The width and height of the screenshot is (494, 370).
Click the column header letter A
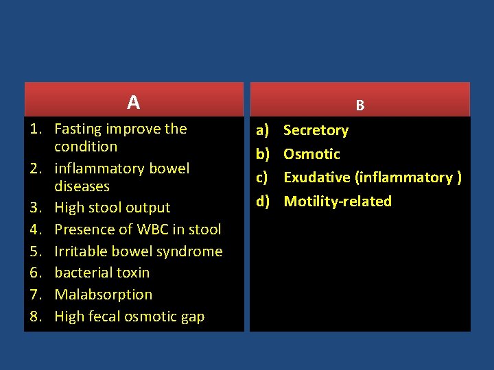pyautogui.click(x=133, y=103)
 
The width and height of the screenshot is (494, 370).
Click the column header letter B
pyautogui.click(x=360, y=106)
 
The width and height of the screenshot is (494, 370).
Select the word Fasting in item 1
pyautogui.click(x=78, y=129)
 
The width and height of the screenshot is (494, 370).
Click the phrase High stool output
pyautogui.click(x=112, y=208)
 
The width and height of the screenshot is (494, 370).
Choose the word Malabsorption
pyautogui.click(x=103, y=295)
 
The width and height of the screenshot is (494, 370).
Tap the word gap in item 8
pyautogui.click(x=191, y=317)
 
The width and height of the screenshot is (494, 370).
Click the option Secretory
pyautogui.click(x=316, y=130)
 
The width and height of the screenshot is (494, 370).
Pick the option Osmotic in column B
pyautogui.click(x=311, y=154)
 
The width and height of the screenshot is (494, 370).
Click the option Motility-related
pyautogui.click(x=338, y=201)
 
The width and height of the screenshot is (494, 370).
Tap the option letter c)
pyautogui.click(x=262, y=177)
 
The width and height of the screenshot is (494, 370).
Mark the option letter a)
pyautogui.click(x=262, y=130)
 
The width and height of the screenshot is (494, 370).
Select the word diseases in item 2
pyautogui.click(x=82, y=186)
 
